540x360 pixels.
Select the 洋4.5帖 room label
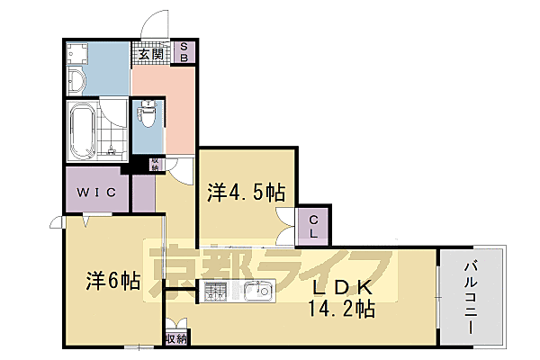click(x=247, y=192)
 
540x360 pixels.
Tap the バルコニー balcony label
click(x=471, y=297)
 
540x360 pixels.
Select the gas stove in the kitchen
click(x=217, y=292)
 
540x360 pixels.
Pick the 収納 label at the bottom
click(x=176, y=338)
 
